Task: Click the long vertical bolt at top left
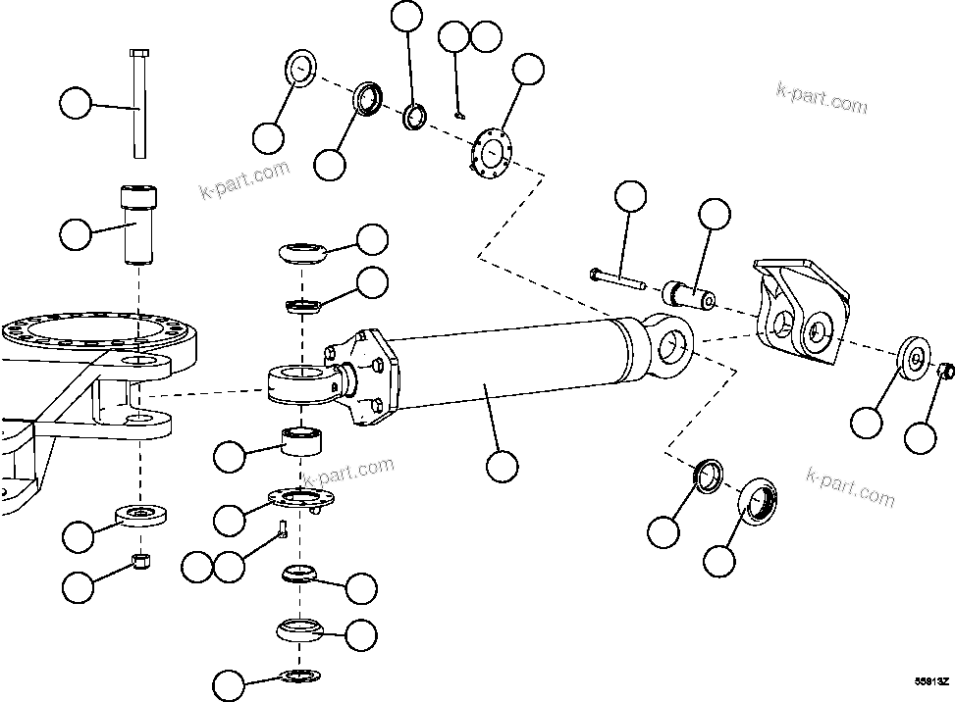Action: pos(137,103)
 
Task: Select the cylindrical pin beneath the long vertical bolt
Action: pos(136,224)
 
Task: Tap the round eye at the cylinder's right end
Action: pos(671,343)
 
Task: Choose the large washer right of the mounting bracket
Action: pos(914,358)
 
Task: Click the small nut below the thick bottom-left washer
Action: pos(140,562)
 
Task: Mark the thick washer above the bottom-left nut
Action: pos(143,514)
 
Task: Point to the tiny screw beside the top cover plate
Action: pos(459,116)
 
